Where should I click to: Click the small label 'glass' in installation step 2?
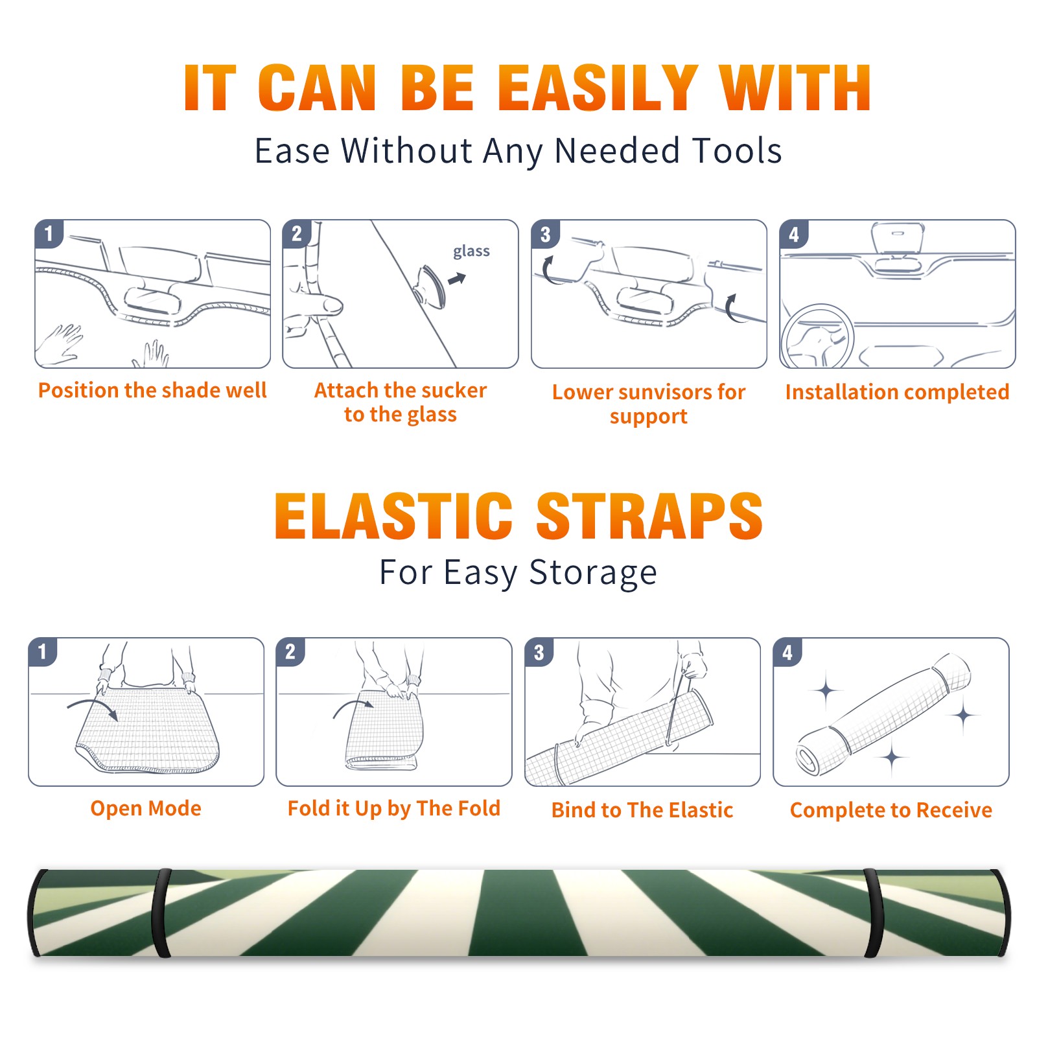click(x=471, y=251)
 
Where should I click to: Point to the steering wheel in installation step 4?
click(x=817, y=337)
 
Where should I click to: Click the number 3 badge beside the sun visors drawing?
click(x=545, y=235)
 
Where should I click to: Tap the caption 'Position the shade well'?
click(x=152, y=390)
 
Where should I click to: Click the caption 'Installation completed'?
click(x=897, y=392)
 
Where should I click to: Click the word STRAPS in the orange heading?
click(x=649, y=516)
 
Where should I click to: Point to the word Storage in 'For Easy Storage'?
click(x=593, y=574)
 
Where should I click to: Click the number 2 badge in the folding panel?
click(x=290, y=652)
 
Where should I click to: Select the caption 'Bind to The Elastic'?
click(x=642, y=810)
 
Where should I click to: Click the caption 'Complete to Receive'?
click(x=891, y=810)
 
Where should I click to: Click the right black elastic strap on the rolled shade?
click(x=874, y=913)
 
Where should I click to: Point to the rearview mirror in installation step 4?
click(x=897, y=239)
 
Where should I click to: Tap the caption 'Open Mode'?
click(x=146, y=809)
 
